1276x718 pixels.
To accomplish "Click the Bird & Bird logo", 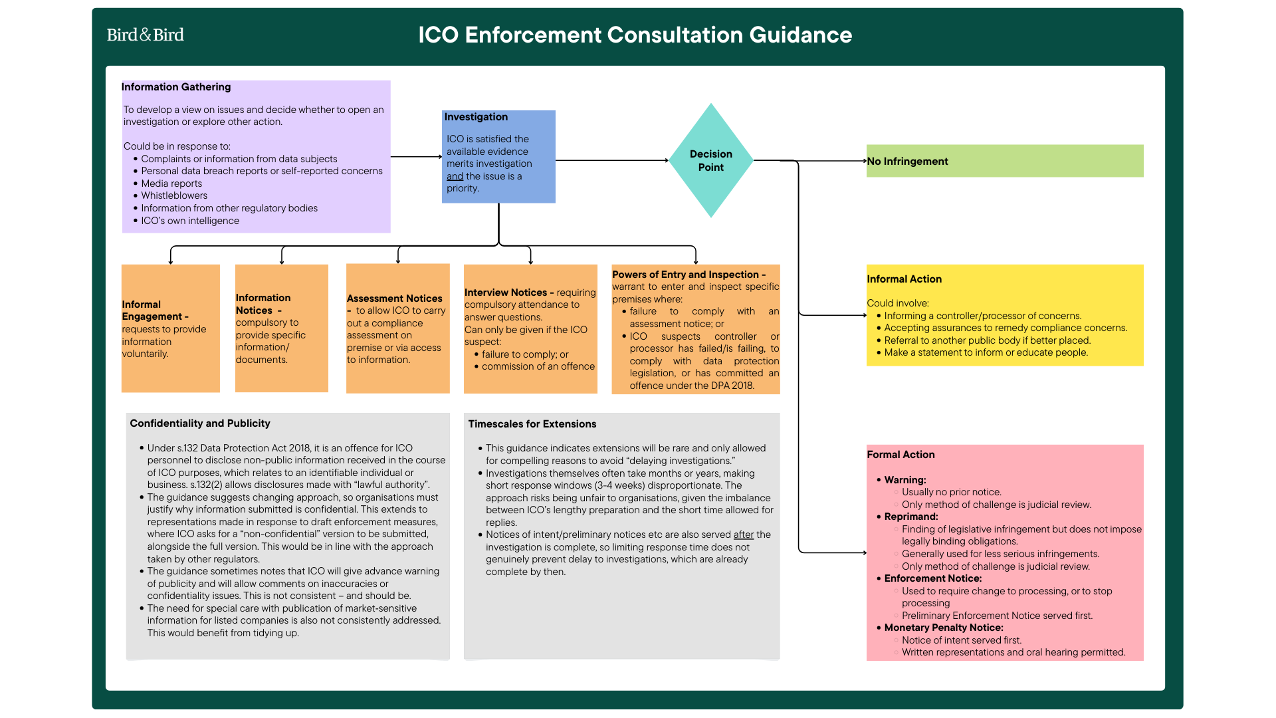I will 145,35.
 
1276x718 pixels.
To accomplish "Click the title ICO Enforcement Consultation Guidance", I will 635,35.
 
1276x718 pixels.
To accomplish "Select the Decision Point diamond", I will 710,160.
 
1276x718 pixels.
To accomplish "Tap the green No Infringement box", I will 1004,161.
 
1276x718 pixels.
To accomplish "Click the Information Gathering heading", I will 176,87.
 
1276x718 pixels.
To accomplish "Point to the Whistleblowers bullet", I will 174,195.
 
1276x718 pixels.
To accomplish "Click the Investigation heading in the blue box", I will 476,117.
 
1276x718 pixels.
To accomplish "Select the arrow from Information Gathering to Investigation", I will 416,157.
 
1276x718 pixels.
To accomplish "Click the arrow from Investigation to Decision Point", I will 611,160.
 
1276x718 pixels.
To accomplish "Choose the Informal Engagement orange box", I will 170,328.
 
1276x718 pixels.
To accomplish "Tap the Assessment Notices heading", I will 394,299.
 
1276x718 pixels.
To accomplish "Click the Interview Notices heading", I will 506,293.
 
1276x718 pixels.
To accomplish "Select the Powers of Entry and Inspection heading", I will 685,275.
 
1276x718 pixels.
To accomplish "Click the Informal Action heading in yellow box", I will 904,279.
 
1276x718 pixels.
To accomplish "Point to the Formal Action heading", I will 901,455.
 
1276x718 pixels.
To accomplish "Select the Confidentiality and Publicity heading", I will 200,423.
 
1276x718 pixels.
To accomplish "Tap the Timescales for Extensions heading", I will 532,424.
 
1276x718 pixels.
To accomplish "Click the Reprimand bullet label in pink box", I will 910,517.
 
